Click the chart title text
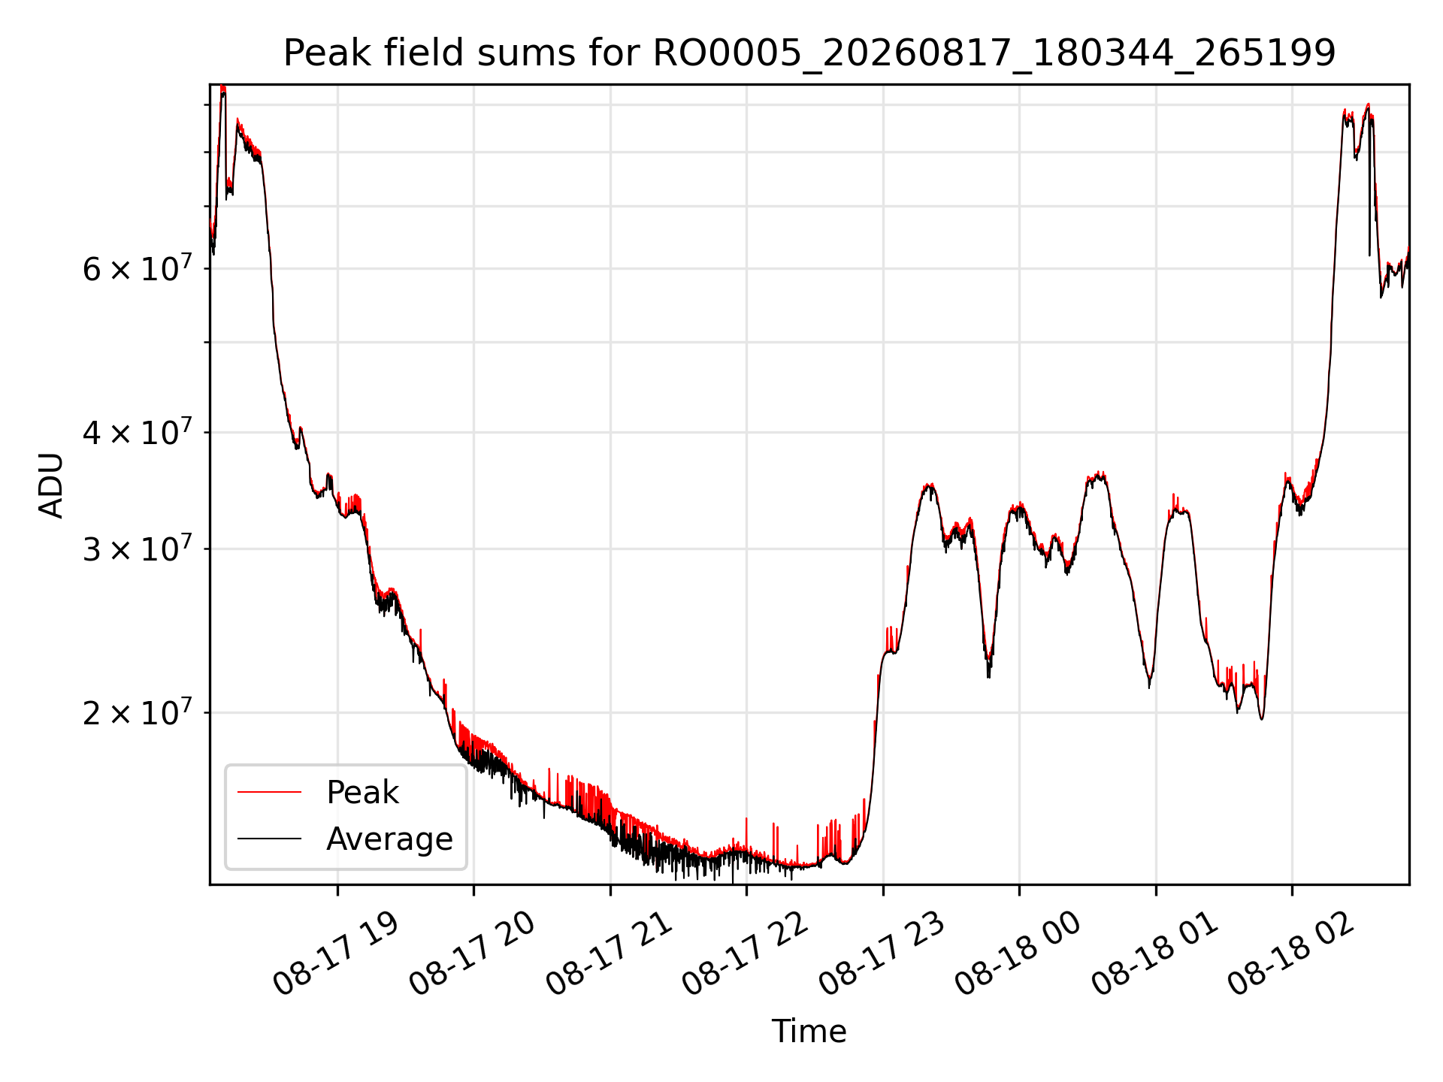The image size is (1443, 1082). click(x=809, y=53)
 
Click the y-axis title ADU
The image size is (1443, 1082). click(x=51, y=485)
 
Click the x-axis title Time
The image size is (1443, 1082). click(x=809, y=1031)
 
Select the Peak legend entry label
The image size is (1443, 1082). click(x=362, y=793)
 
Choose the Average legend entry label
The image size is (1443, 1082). click(x=389, y=839)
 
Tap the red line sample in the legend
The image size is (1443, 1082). click(x=269, y=792)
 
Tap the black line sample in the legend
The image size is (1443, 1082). click(x=269, y=839)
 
